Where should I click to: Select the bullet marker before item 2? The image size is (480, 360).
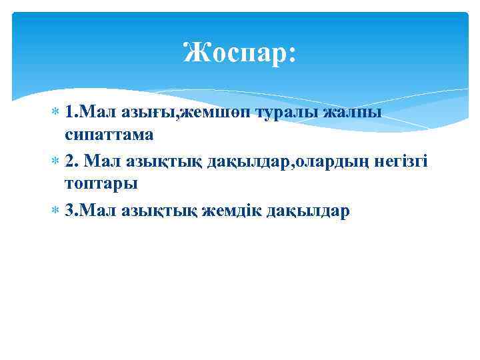57,161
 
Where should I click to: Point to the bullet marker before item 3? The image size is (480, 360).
57,211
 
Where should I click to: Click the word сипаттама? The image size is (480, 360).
109,135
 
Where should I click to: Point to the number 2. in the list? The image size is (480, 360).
73,160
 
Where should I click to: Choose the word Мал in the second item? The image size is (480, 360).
100,160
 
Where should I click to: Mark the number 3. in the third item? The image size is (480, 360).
73,211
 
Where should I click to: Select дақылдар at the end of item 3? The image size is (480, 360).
307,211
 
